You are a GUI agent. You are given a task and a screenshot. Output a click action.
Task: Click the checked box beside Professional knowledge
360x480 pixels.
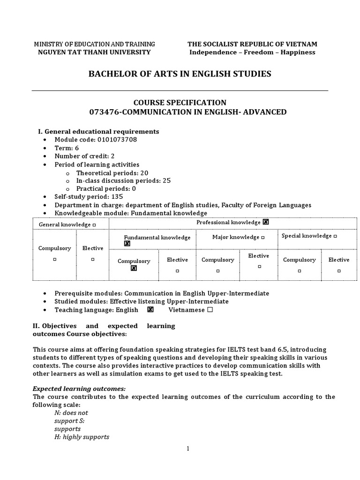266,222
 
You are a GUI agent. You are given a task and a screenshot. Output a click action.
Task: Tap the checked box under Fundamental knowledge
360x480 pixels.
127,244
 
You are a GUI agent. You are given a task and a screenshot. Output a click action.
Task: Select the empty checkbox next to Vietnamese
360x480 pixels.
210,310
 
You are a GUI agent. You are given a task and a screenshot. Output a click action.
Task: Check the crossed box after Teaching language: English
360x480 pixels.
150,310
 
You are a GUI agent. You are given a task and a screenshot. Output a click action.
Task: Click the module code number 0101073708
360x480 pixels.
117,140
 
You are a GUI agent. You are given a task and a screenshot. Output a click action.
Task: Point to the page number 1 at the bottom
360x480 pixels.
188,449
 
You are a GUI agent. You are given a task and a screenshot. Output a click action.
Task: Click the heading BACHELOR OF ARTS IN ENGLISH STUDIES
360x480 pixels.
180,74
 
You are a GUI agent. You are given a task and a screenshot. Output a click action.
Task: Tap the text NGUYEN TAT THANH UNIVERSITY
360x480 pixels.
94,52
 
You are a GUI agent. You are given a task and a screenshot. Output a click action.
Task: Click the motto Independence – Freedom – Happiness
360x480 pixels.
252,52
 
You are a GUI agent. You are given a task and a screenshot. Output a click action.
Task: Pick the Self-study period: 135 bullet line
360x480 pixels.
85,197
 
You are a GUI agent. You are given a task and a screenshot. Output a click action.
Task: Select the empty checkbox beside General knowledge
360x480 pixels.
94,225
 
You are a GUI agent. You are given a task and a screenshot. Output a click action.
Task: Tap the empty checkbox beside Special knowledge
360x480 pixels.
335,236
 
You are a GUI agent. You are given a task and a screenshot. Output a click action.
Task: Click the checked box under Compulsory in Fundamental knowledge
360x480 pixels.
134,269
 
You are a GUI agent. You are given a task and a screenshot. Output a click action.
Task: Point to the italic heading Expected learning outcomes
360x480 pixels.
79,389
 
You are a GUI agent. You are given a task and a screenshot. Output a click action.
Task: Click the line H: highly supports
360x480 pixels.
82,436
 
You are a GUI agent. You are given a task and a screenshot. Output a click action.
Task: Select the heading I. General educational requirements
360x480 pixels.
98,131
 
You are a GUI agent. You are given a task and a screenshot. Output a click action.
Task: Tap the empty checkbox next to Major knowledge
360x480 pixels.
262,238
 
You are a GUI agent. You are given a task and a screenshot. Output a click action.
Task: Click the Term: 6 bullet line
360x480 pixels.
67,148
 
